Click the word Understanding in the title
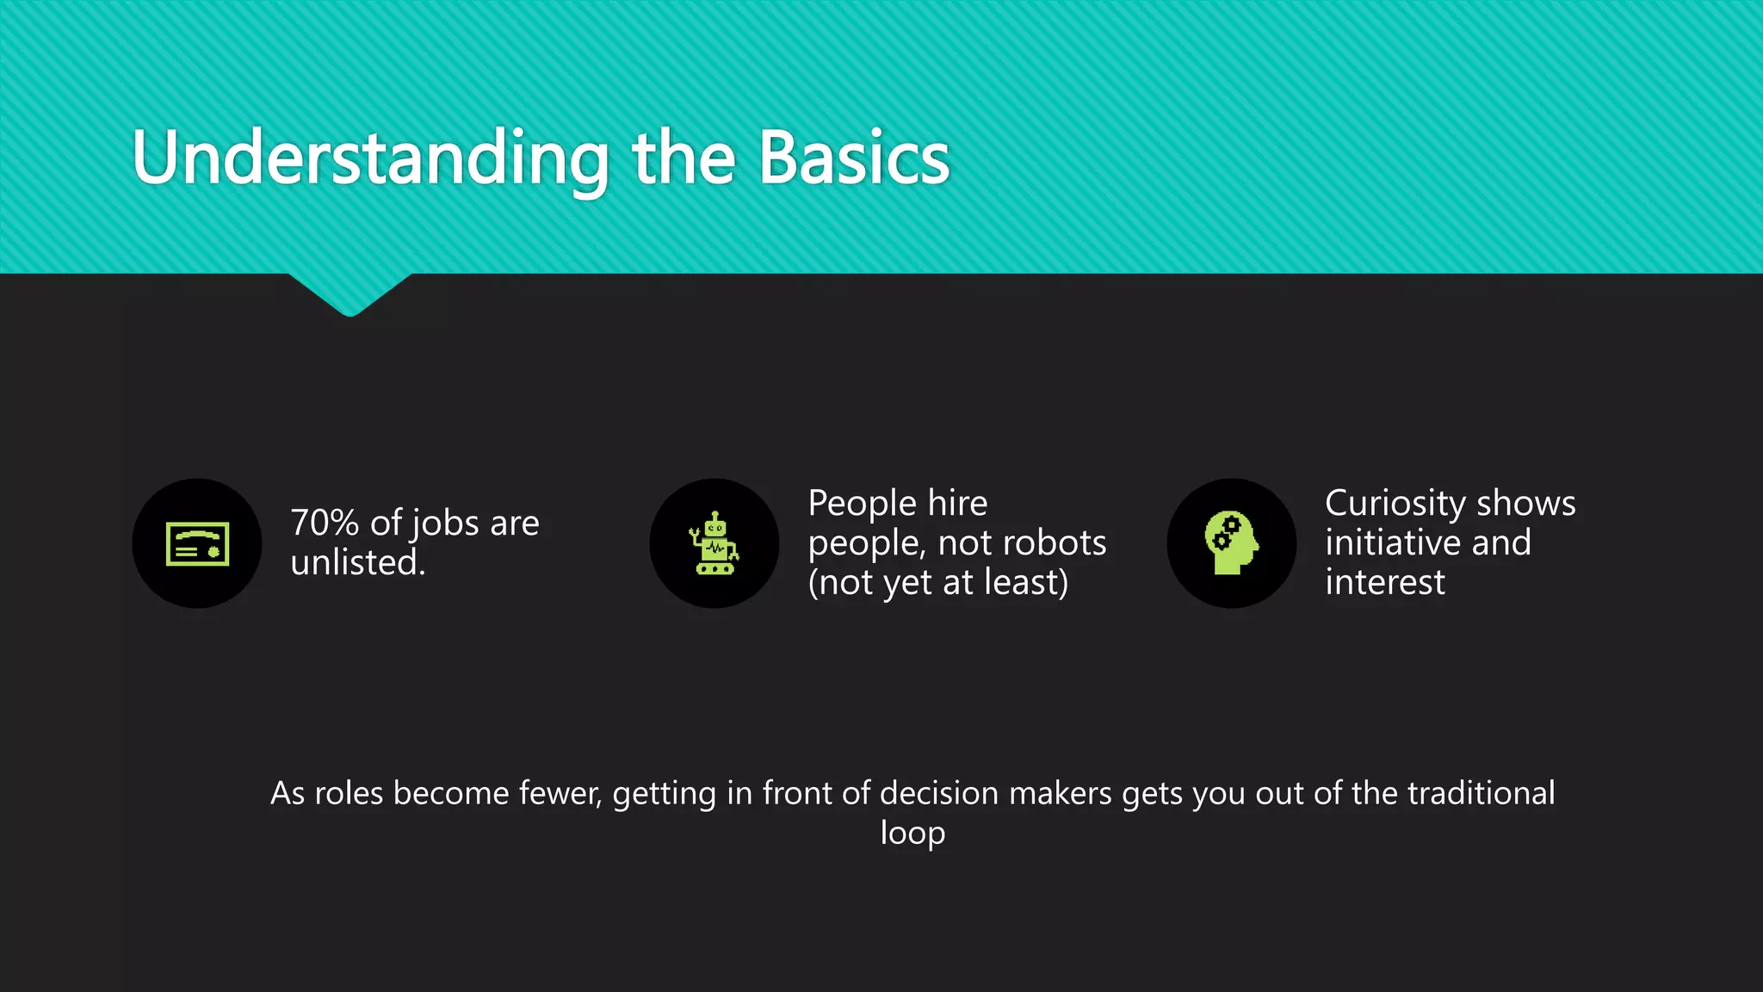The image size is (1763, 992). coord(370,160)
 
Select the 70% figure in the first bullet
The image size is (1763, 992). coord(325,524)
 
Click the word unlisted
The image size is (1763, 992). coord(357,563)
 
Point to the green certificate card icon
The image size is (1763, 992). coord(197,544)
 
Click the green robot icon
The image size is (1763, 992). coord(714,544)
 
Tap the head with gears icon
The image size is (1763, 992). coord(1231,544)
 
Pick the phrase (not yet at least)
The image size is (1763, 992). coord(937,583)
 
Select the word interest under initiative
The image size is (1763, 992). coord(1384,583)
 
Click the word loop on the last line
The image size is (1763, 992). coord(912,834)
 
